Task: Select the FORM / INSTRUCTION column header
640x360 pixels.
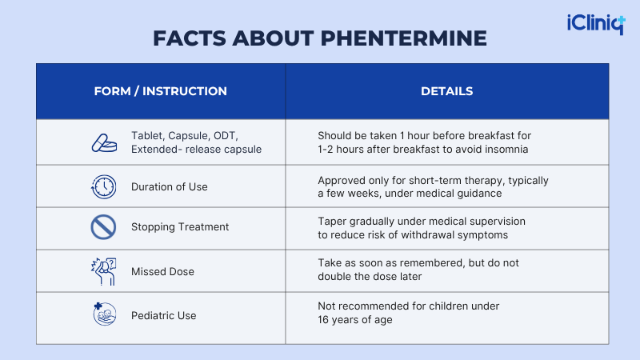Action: pos(160,91)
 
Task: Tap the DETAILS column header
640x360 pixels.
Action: pos(446,91)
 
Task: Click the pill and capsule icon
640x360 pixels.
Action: pos(104,142)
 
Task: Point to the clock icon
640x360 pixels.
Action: pos(104,187)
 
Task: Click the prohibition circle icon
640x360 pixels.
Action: pos(104,227)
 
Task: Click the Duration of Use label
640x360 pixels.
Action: pos(169,187)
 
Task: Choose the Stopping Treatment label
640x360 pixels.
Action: pos(180,227)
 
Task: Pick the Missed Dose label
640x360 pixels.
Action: pos(162,272)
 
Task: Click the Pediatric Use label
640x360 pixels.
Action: pos(163,316)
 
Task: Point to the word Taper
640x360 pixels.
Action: pos(332,221)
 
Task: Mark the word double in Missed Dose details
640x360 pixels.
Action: pos(335,277)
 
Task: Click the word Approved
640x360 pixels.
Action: pos(342,181)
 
